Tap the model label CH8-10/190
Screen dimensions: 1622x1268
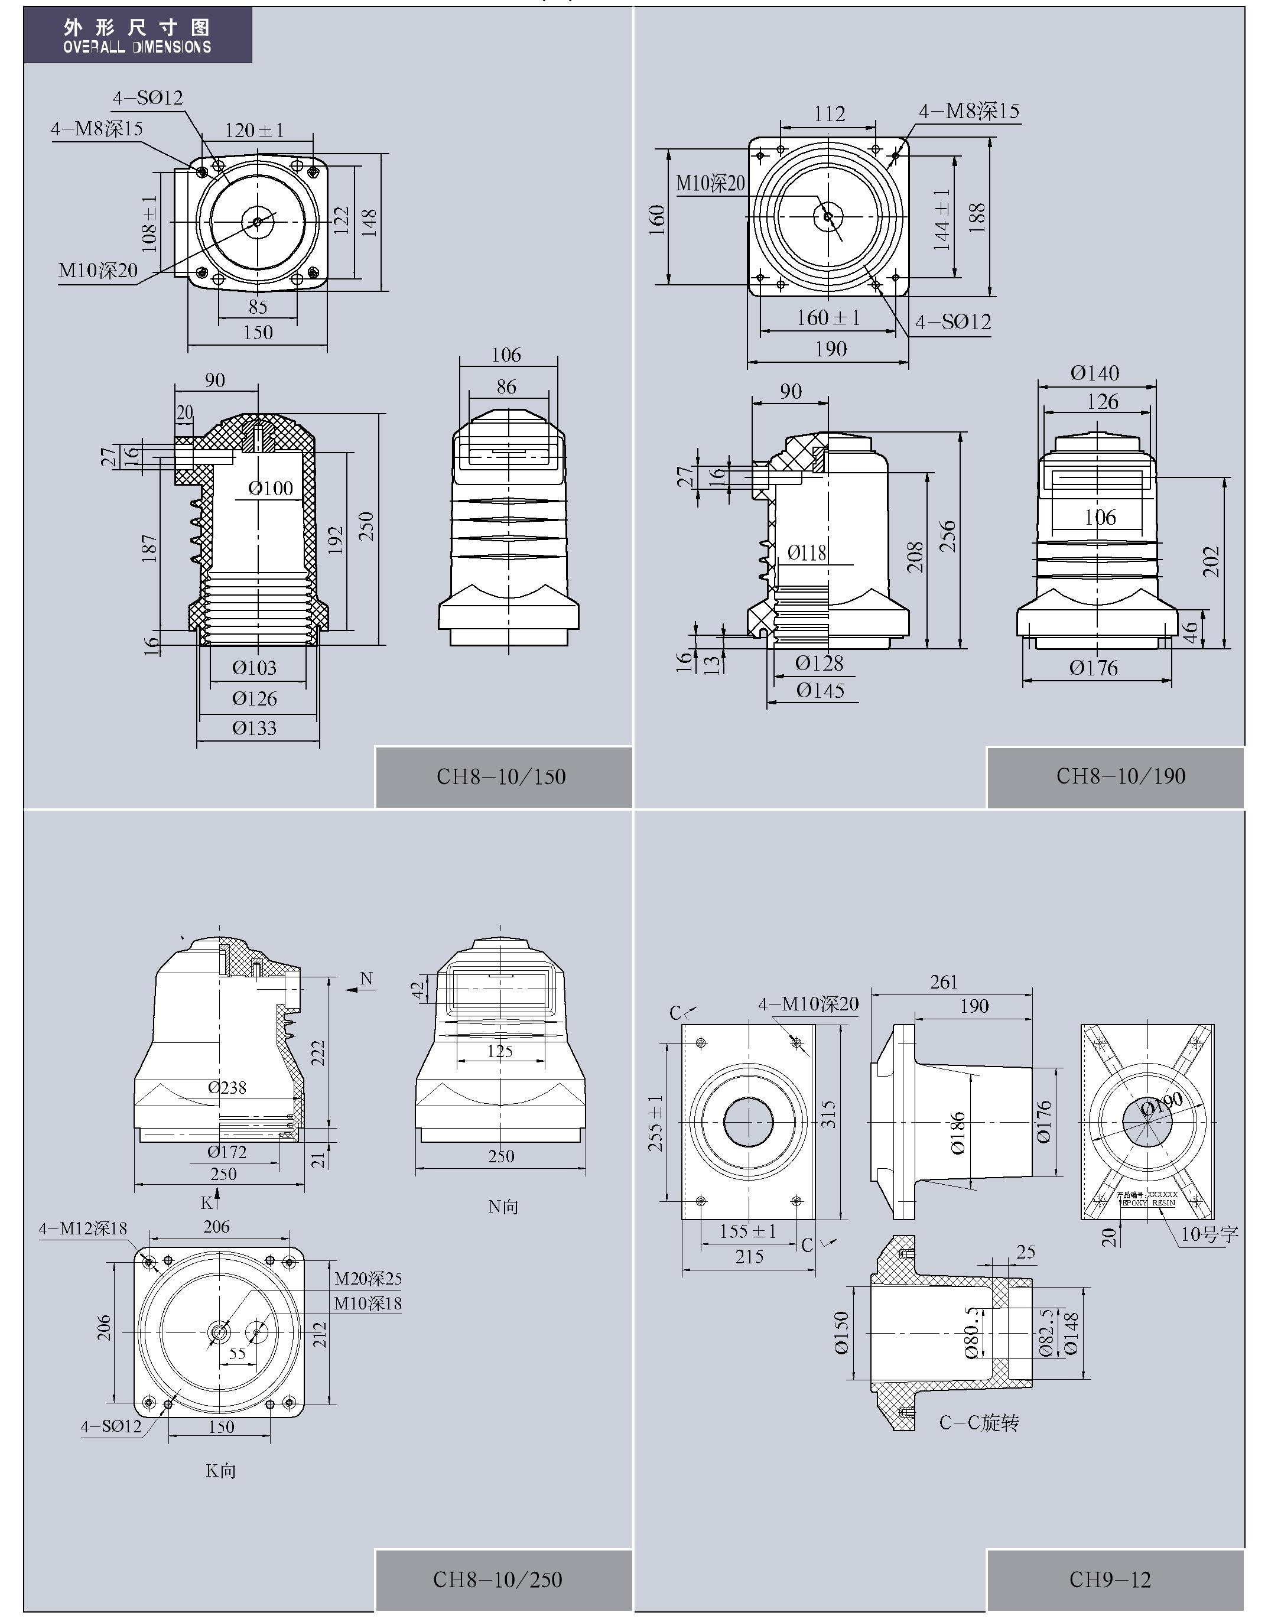click(1120, 776)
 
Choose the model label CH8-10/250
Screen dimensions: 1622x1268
click(497, 1579)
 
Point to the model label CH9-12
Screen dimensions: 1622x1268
click(1110, 1579)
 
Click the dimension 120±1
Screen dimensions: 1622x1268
click(254, 131)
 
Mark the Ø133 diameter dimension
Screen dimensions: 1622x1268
click(254, 728)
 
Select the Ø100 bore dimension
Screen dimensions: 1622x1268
click(271, 488)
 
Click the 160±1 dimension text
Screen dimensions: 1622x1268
click(828, 318)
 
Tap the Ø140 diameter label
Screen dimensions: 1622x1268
click(1094, 373)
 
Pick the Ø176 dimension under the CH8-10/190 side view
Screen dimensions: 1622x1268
click(1094, 668)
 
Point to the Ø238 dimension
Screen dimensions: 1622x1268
click(226, 1088)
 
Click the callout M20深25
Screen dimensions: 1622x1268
click(368, 1279)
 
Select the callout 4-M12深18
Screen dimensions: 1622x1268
click(83, 1228)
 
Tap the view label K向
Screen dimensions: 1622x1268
click(220, 1471)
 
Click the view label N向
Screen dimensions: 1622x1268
click(503, 1207)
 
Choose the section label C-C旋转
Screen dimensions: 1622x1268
click(979, 1423)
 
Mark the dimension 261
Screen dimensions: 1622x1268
click(944, 982)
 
